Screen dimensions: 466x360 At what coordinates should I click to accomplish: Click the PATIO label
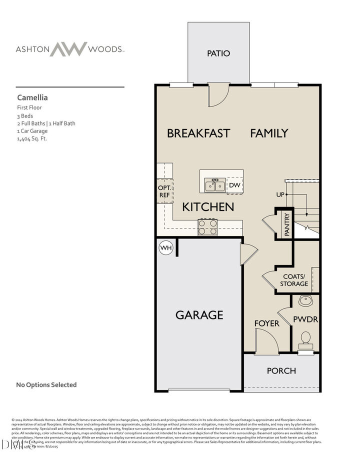(218, 53)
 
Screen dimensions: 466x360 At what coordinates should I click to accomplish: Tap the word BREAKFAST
(198, 133)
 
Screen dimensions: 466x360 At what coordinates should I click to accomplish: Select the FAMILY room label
(269, 133)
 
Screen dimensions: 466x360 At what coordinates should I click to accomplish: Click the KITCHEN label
(208, 206)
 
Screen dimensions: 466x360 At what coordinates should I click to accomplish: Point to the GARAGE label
(199, 315)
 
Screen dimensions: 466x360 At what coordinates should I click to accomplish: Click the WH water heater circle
(165, 247)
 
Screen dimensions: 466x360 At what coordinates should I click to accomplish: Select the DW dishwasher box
(235, 185)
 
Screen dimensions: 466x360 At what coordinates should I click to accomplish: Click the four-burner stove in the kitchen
(207, 227)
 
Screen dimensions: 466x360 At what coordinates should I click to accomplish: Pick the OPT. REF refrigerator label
(164, 191)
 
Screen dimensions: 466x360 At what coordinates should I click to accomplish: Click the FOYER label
(266, 323)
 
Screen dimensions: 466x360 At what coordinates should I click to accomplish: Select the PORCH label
(281, 370)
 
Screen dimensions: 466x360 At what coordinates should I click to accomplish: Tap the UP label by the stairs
(280, 194)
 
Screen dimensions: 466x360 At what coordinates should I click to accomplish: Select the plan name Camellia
(32, 98)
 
